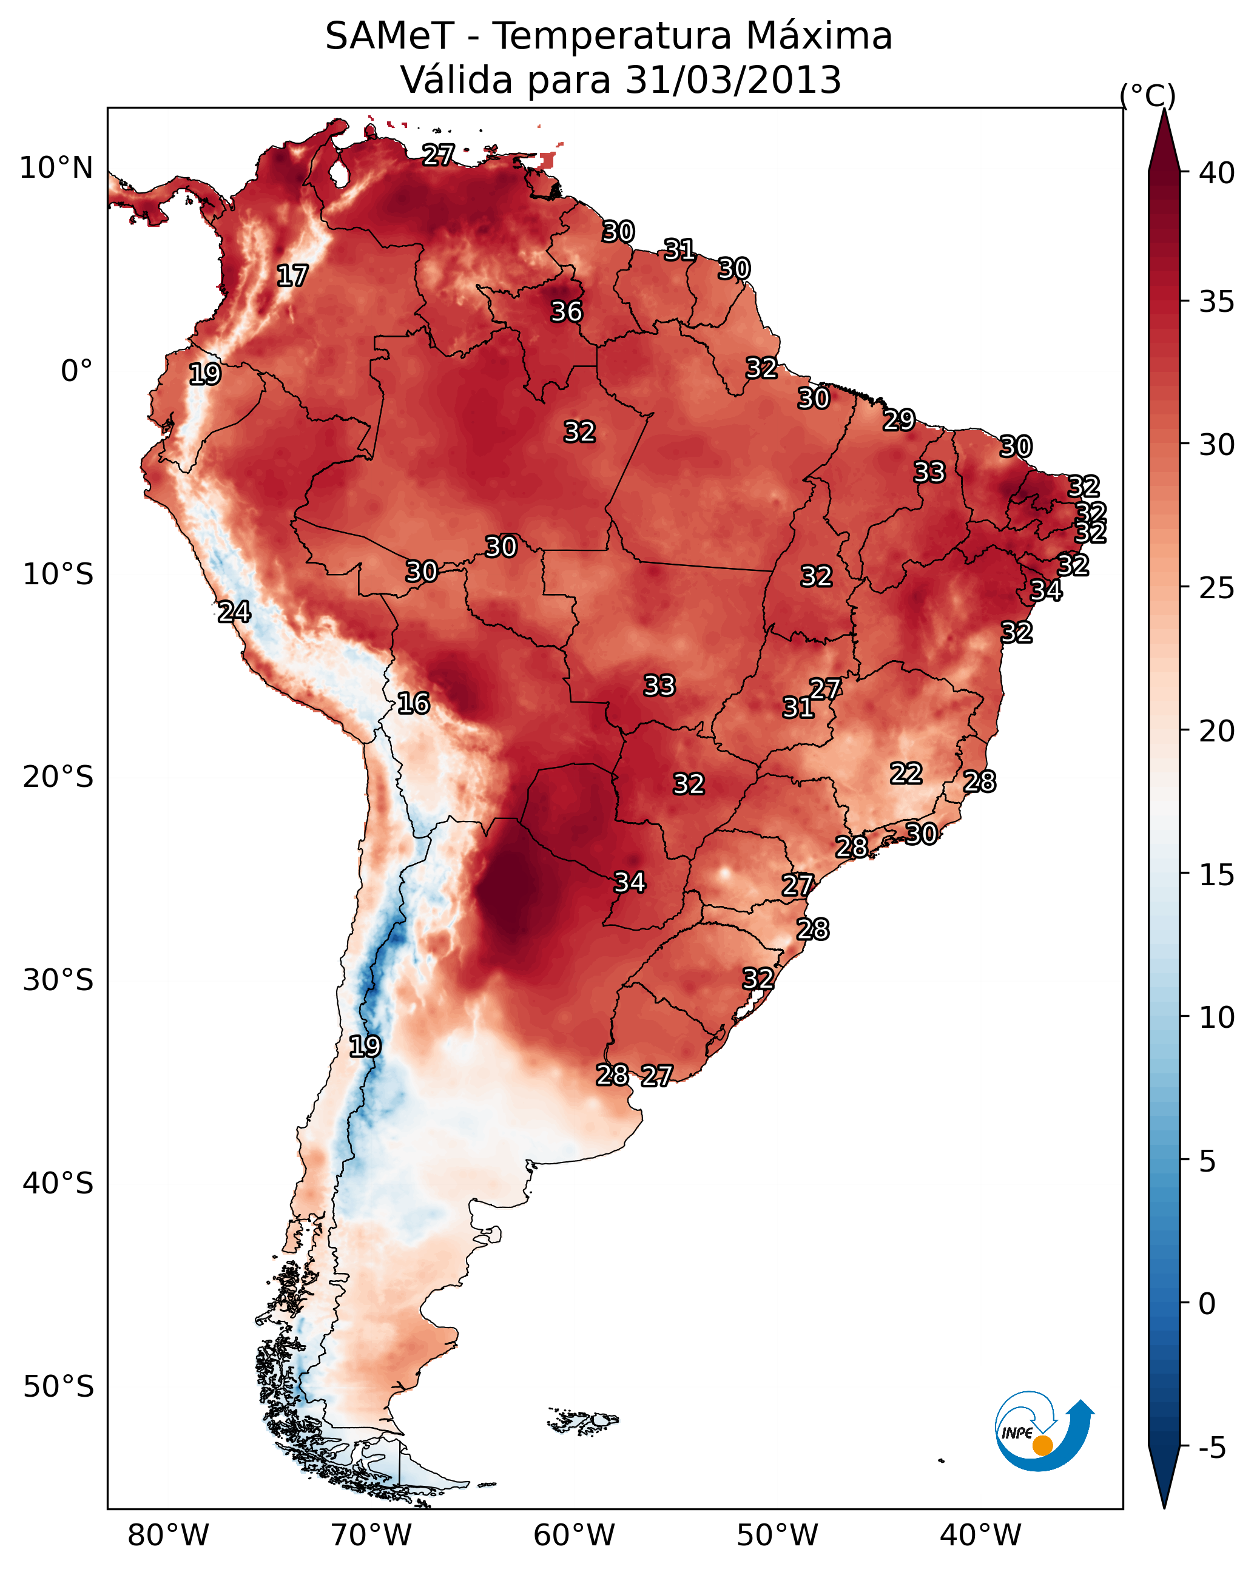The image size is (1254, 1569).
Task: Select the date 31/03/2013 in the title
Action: click(x=733, y=80)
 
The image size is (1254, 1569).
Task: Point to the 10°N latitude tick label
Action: click(x=56, y=168)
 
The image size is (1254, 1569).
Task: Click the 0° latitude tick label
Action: click(x=76, y=371)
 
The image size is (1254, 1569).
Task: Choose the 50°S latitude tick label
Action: click(x=58, y=1387)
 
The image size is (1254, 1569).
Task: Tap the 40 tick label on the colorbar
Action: click(x=1217, y=173)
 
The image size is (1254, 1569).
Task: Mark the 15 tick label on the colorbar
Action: click(x=1217, y=875)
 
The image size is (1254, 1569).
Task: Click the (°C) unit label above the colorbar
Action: click(x=1148, y=96)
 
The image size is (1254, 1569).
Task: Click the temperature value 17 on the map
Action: click(x=292, y=277)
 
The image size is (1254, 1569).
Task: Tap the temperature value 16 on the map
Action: click(x=413, y=704)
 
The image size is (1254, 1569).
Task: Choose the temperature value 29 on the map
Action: click(x=899, y=420)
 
